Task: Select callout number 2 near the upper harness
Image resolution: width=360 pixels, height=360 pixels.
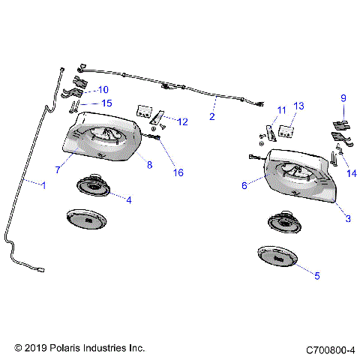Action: point(211,117)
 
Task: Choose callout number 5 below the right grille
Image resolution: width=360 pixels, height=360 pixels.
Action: point(316,275)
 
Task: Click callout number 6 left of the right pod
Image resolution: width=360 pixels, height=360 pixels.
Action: point(244,185)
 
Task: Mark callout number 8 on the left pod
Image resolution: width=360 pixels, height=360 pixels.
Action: point(149,164)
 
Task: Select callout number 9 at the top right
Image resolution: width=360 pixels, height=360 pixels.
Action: point(343,98)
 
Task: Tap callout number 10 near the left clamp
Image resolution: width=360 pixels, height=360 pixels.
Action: point(103,89)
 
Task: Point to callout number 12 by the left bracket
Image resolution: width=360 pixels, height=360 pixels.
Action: point(182,121)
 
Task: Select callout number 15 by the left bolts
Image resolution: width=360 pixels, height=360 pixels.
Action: point(106,103)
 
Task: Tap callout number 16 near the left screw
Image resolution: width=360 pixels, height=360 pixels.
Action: point(178,172)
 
